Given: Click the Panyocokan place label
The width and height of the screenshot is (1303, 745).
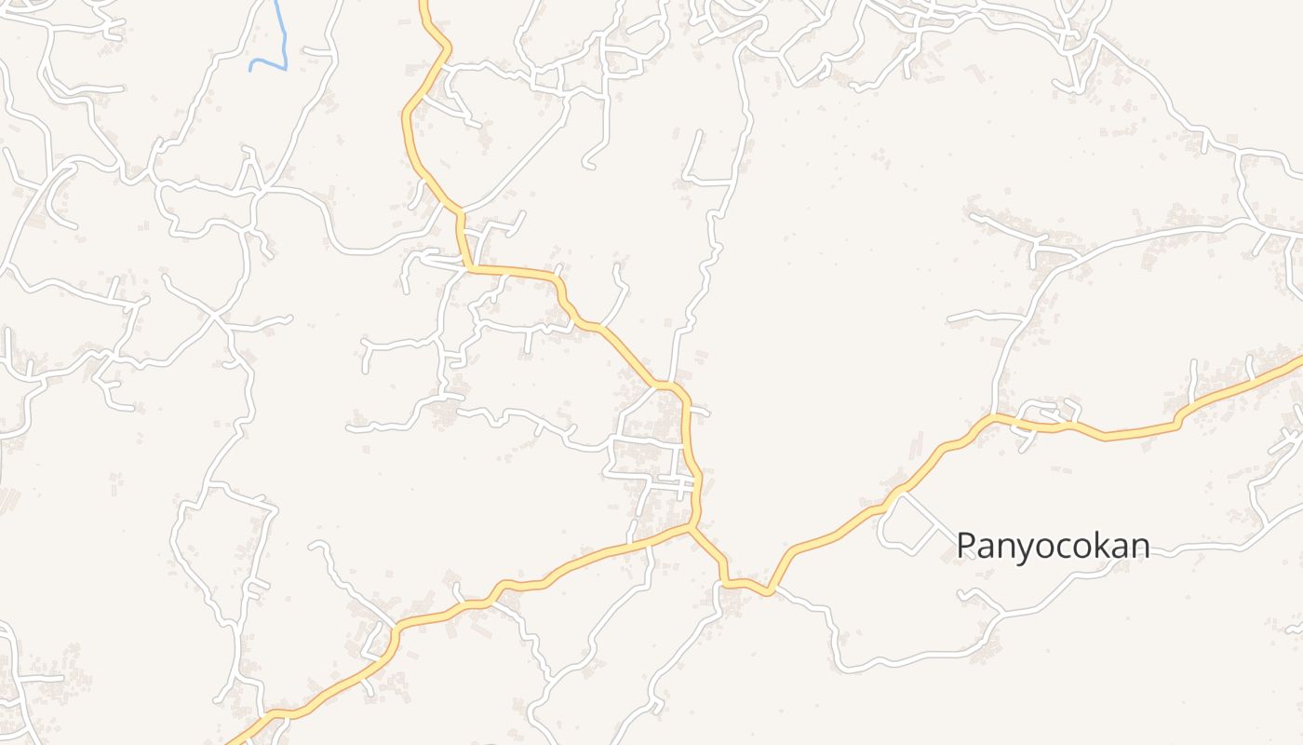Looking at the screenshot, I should coord(1053,545).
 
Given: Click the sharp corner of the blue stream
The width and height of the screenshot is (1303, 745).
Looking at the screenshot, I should coord(285,68).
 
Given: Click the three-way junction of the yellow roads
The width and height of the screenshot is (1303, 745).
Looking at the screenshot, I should coord(692,528).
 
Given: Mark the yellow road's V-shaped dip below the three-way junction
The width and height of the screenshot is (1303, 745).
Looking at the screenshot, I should coord(770,590).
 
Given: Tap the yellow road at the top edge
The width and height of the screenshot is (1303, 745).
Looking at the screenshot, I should coord(423,3).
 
